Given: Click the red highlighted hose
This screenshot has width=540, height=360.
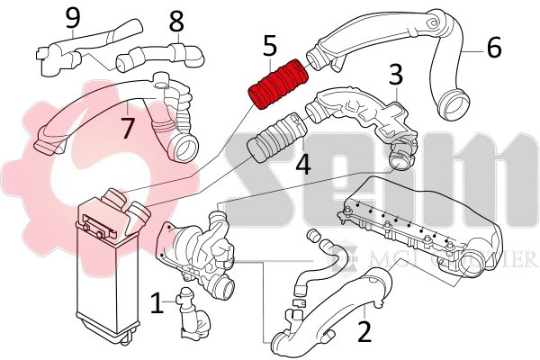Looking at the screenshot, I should coord(278,83).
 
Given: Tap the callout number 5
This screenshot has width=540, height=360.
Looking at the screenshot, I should coord(271,44).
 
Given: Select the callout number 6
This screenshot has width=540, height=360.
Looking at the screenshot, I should coord(494,46).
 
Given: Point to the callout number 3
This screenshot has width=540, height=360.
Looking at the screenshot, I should coord(395,75).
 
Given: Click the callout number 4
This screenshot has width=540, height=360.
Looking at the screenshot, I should coord(303,164).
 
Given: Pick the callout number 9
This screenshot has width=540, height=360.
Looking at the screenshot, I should coord(73,16).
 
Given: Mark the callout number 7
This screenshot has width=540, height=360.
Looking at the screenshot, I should coord(128,127).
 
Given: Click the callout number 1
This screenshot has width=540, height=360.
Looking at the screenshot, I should coord(157,302).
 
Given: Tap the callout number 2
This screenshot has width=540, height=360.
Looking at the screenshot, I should coord(364,332).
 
